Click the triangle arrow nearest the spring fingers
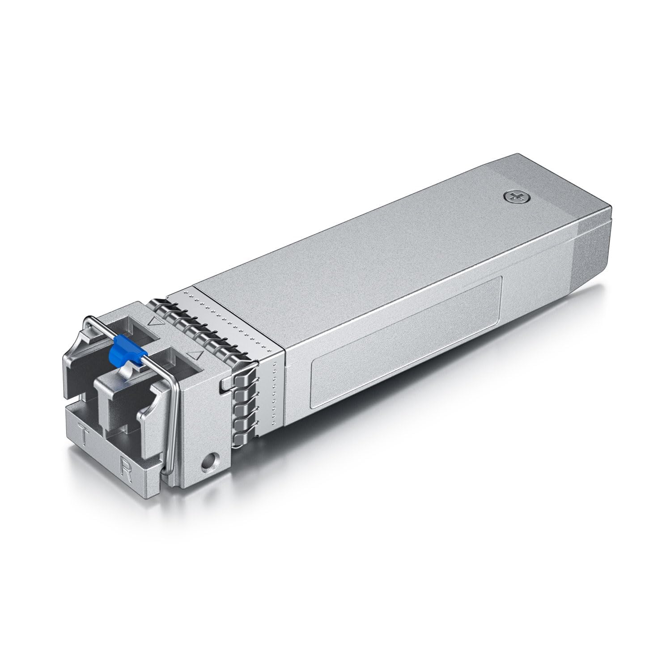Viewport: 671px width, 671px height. coord(194,343)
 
